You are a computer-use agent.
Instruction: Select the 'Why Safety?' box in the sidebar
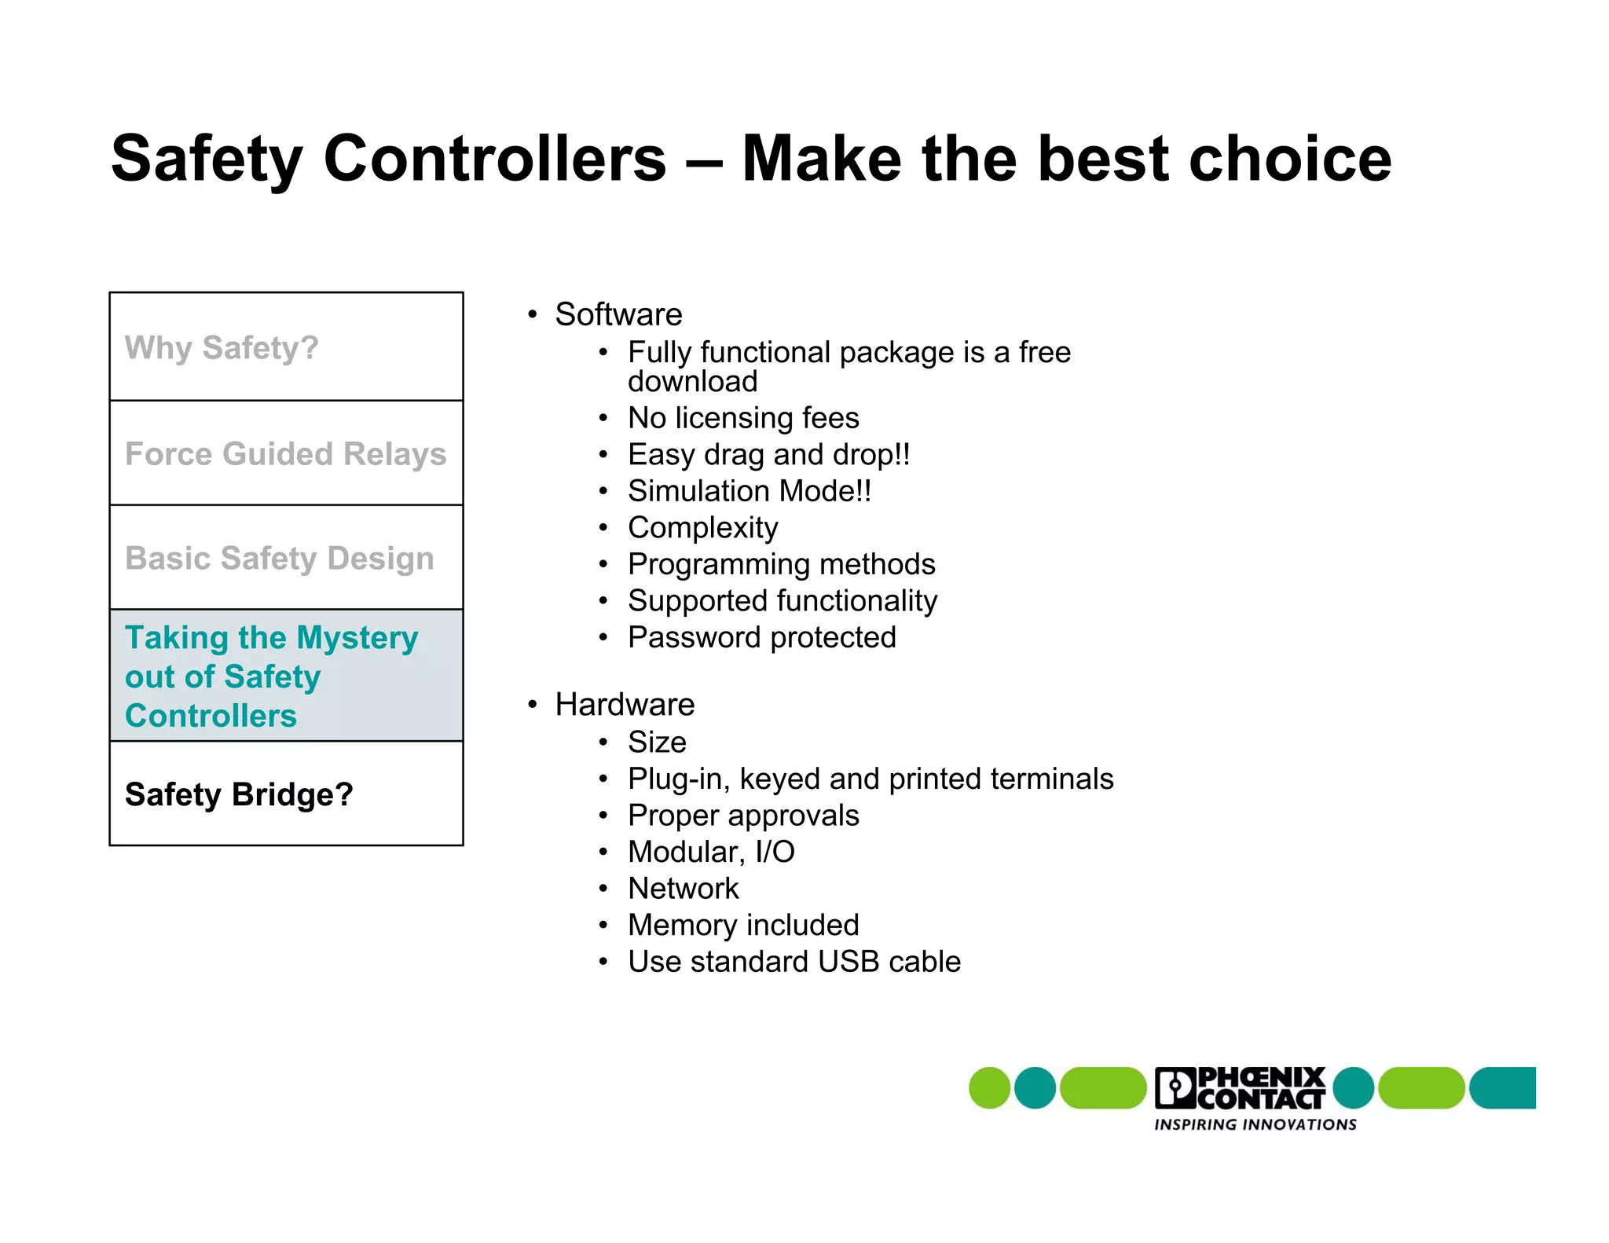286,347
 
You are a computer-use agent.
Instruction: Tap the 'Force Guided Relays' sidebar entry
286,453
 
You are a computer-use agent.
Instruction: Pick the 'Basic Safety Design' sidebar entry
286,558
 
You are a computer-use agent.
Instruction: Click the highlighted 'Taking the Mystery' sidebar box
286,676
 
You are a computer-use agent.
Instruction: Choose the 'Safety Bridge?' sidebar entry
286,794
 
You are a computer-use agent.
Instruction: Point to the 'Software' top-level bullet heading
618,314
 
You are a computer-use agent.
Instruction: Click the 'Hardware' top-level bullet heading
625,705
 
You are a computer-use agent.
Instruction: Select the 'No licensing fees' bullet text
743,418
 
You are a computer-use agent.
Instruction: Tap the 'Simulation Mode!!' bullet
750,491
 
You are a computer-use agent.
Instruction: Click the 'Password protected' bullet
761,637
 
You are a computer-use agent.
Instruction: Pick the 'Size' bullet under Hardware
657,742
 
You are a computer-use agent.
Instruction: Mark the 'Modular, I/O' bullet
711,852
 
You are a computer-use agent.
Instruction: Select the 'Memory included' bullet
743,925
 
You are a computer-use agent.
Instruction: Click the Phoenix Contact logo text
1241,1088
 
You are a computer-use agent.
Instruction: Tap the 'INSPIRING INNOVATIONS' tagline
1255,1124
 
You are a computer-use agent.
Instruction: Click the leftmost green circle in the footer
989,1088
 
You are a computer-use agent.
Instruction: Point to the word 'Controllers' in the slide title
494,159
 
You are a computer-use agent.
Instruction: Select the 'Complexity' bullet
702,528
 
